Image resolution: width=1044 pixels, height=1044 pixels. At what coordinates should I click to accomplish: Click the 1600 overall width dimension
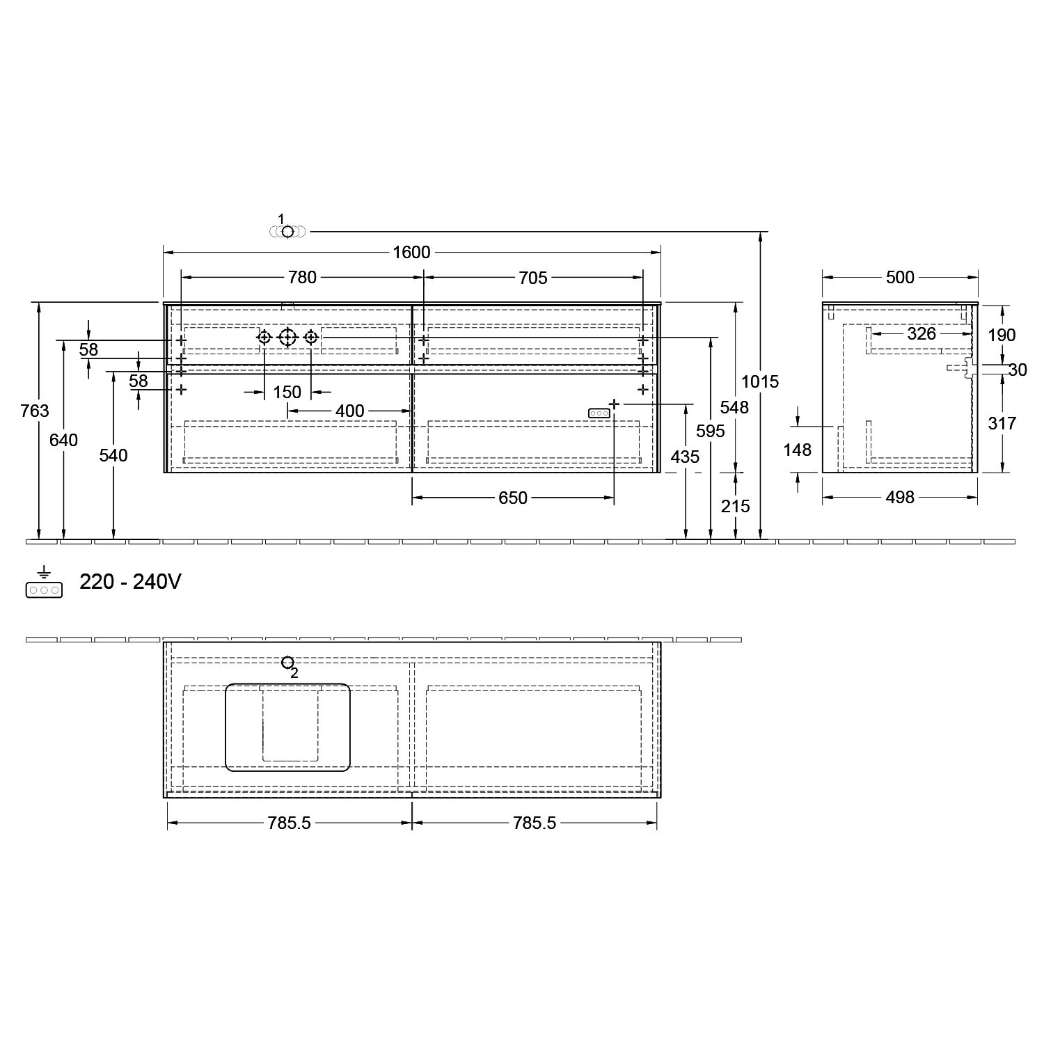411,252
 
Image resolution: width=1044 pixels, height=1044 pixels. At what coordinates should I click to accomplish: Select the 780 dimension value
302,277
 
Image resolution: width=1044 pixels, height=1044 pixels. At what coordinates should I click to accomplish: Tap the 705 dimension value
533,278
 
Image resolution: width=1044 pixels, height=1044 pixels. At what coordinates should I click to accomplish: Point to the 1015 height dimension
760,381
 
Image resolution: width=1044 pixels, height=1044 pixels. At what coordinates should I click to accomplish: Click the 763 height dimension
35,411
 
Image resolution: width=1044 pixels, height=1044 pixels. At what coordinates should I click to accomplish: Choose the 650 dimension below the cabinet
513,498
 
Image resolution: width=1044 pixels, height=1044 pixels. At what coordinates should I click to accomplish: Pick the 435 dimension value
685,457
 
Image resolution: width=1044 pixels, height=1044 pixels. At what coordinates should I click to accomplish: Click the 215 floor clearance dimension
735,506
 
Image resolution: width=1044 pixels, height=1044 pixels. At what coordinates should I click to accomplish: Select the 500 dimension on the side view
900,277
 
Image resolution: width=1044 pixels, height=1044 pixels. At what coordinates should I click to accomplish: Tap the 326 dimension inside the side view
922,334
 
